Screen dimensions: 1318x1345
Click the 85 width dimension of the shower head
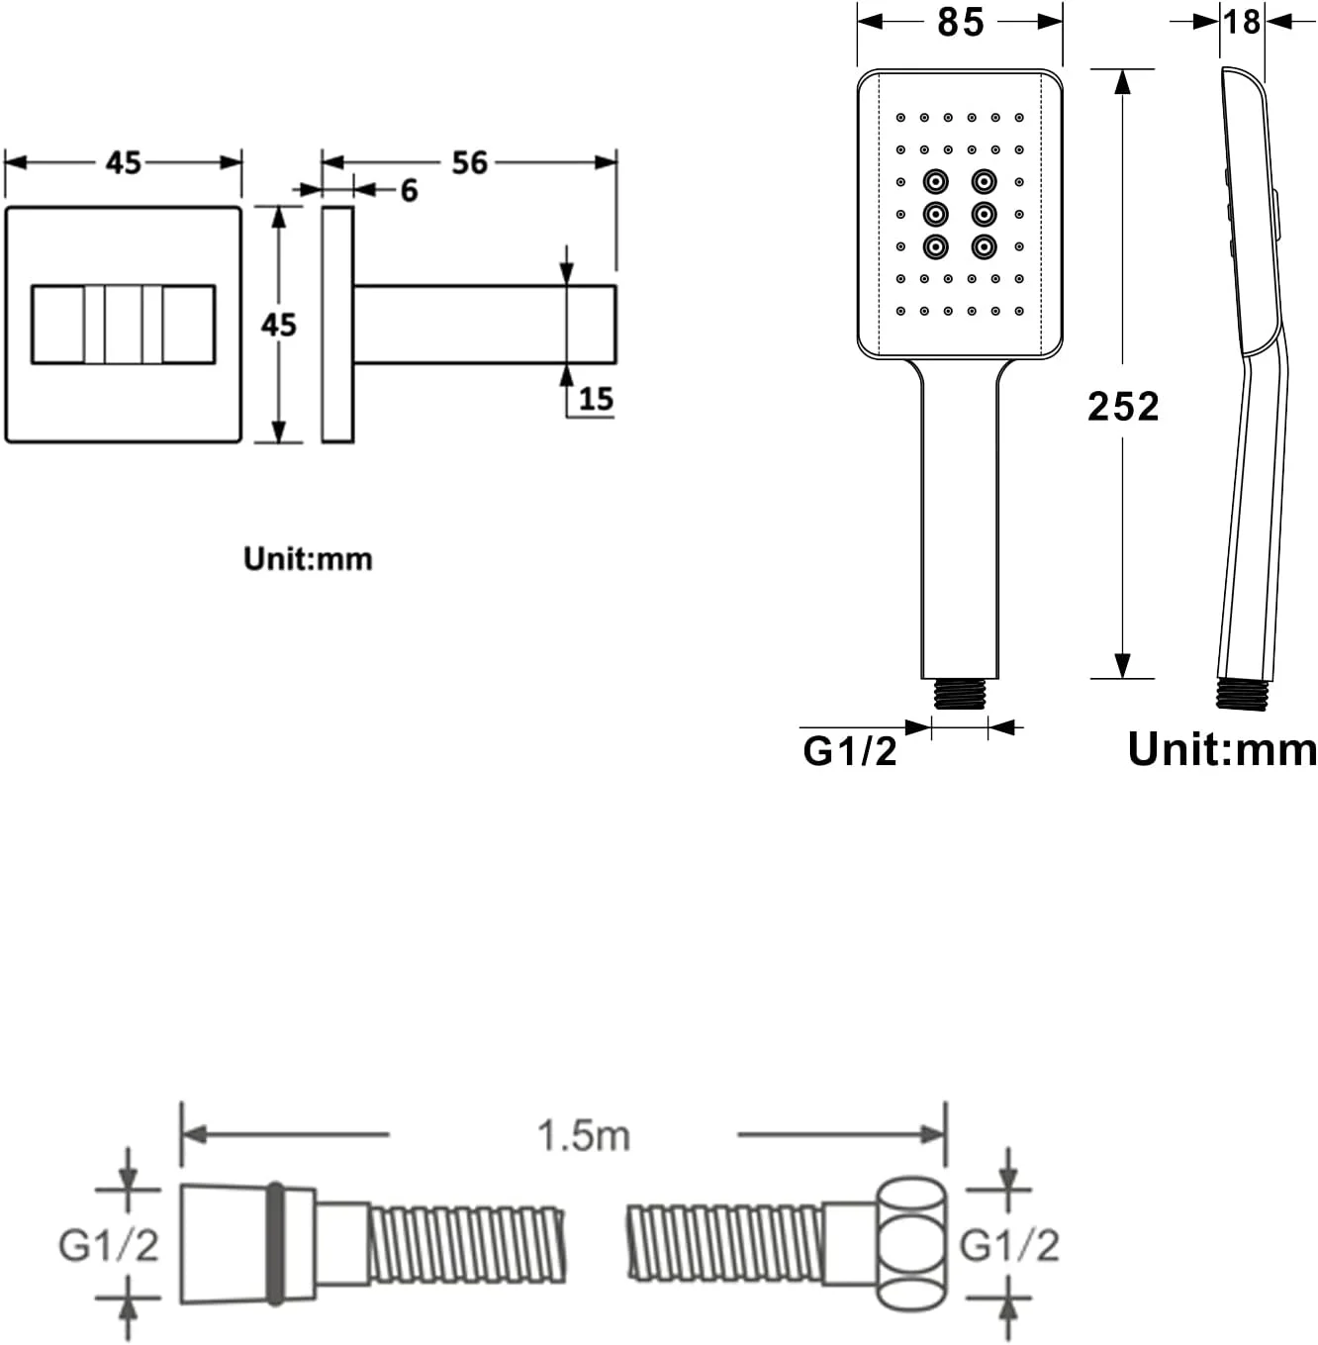[961, 23]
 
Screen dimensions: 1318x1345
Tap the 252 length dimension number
[1122, 406]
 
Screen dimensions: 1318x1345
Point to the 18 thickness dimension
[1242, 23]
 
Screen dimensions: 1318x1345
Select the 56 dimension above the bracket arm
[469, 163]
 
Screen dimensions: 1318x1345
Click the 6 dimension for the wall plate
[409, 191]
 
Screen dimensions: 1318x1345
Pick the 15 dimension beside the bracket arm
[596, 399]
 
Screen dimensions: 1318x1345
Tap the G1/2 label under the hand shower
[850, 752]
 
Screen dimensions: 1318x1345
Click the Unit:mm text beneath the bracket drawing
[308, 559]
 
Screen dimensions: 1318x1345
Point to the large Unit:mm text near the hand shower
[1222, 749]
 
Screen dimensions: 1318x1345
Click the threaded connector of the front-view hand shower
[960, 694]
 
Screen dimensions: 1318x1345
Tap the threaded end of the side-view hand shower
[1242, 694]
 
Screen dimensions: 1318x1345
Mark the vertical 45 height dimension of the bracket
[278, 326]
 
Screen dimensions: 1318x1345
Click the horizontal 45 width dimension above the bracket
[124, 163]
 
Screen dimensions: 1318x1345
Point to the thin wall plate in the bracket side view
[337, 325]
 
